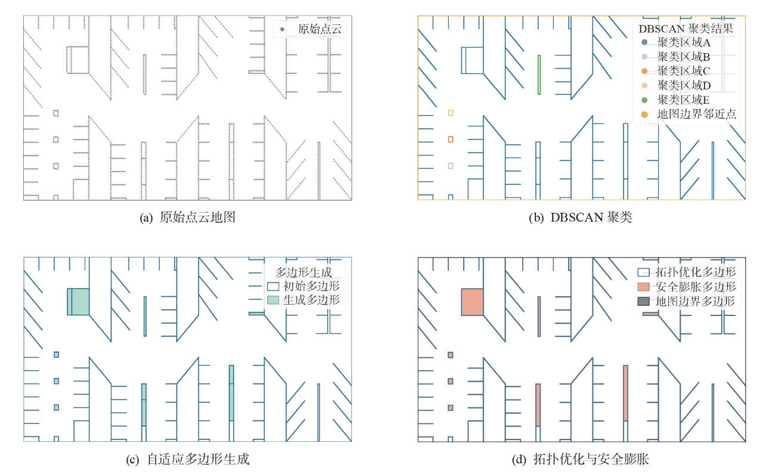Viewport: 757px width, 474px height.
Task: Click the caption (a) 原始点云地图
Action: point(188,217)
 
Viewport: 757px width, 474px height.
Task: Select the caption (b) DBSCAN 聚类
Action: point(580,217)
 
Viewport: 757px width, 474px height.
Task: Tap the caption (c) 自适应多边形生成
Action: point(188,459)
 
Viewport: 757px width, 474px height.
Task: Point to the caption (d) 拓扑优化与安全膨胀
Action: point(580,459)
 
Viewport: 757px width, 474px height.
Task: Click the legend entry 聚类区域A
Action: point(675,42)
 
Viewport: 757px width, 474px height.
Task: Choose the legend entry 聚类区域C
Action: point(675,71)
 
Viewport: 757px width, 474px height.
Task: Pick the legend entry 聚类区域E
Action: point(675,100)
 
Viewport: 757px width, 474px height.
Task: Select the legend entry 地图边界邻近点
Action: point(688,114)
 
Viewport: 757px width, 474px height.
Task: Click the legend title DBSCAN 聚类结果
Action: point(685,29)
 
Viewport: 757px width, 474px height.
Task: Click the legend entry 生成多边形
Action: point(303,300)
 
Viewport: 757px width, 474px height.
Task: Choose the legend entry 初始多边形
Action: point(303,286)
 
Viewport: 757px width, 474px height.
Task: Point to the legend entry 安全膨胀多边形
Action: point(687,287)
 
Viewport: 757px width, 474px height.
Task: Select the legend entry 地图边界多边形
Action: point(687,301)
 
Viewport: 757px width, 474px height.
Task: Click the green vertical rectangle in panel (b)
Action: point(539,75)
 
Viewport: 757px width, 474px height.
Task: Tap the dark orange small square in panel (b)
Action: point(451,140)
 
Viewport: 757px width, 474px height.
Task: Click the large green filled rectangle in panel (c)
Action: point(78,302)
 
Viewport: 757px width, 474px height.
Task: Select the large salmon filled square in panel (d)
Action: point(473,302)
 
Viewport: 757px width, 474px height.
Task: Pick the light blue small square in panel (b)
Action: point(451,166)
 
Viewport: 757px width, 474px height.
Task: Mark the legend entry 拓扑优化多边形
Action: point(687,272)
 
